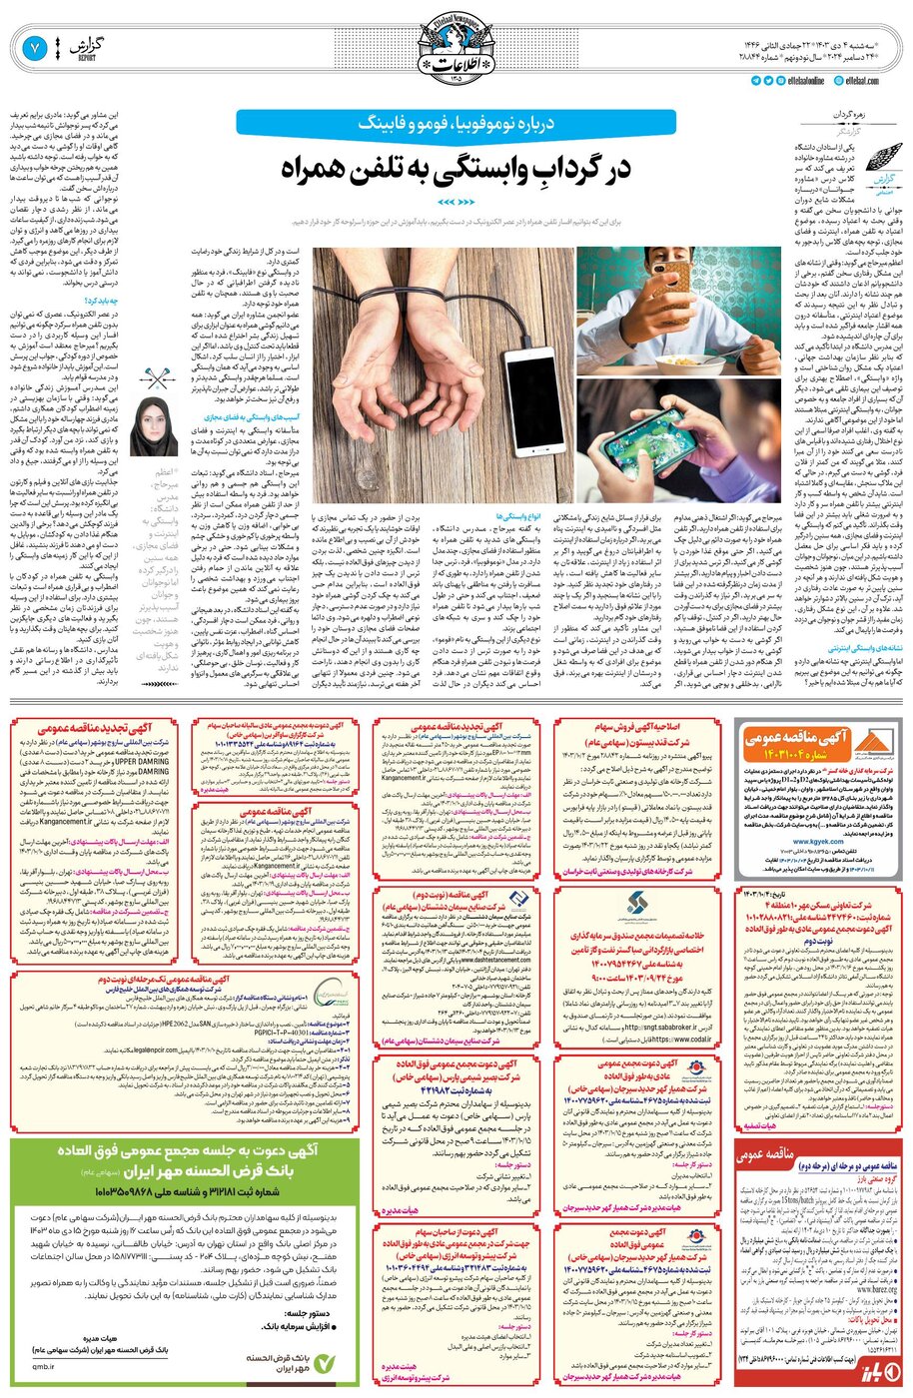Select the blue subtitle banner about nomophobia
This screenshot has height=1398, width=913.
click(x=456, y=123)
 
